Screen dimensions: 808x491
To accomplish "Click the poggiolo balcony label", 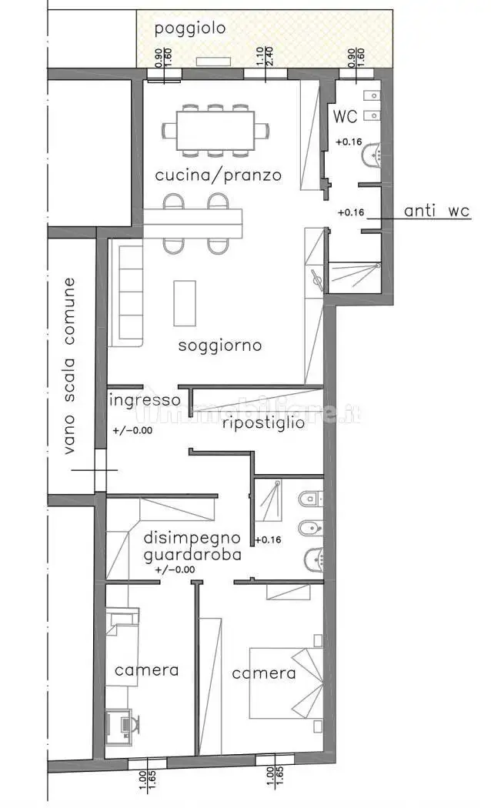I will pyautogui.click(x=190, y=29).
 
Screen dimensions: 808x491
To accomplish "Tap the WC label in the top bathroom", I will pyautogui.click(x=345, y=117).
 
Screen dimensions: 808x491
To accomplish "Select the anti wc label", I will pyautogui.click(x=436, y=212).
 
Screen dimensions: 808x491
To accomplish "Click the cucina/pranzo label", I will pyautogui.click(x=218, y=175).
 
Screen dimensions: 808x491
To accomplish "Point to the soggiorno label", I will pyautogui.click(x=219, y=346).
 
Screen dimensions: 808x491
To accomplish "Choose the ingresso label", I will pyautogui.click(x=145, y=400).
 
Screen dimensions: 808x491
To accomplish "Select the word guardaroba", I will pyautogui.click(x=192, y=554).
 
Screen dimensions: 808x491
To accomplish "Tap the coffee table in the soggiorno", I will pyautogui.click(x=184, y=302).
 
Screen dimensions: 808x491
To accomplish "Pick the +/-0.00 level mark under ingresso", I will pyautogui.click(x=132, y=430).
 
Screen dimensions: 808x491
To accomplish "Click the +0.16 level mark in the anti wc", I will pyautogui.click(x=351, y=212).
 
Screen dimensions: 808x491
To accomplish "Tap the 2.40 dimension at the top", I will pyautogui.click(x=270, y=58).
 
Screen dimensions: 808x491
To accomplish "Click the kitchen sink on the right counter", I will pyautogui.click(x=316, y=281).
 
